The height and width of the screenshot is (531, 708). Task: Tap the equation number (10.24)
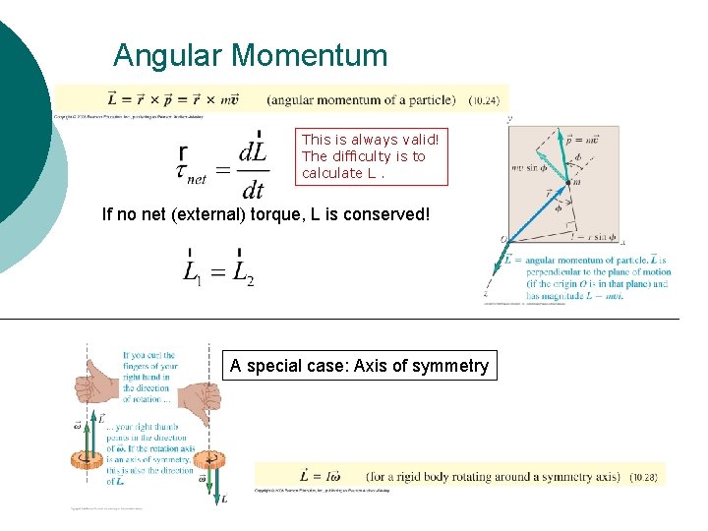tap(484, 99)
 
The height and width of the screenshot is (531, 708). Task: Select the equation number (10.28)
tap(643, 477)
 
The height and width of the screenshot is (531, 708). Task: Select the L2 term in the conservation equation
tap(244, 272)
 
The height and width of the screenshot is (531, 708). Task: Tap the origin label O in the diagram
tap(502, 239)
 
